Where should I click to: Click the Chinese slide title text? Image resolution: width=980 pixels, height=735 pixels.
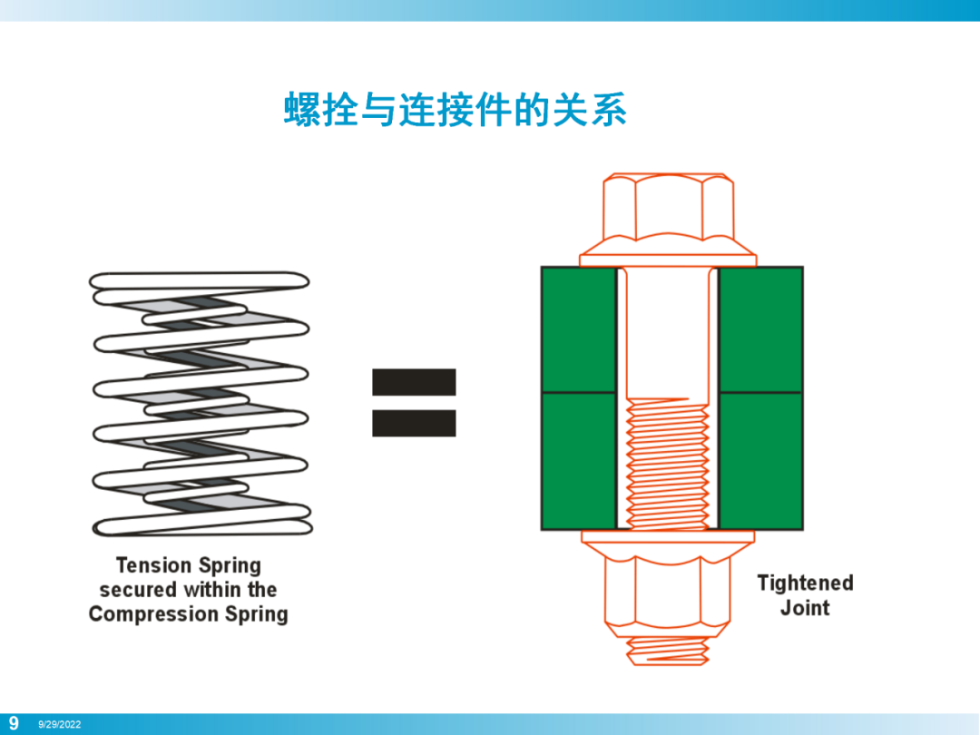455,110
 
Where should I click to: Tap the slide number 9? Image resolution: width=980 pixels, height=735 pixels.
14,724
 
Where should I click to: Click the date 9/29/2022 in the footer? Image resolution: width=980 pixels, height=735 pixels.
59,724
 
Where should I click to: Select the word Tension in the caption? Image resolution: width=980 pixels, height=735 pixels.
153,565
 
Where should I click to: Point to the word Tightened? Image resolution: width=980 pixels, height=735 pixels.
805,583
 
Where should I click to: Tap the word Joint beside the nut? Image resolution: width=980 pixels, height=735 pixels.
805,607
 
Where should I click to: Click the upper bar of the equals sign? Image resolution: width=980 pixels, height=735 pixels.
414,383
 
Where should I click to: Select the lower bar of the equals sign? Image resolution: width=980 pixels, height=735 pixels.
414,423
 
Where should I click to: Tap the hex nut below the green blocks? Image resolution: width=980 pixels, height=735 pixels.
667,591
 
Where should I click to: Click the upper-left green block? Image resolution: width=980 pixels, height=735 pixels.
579,330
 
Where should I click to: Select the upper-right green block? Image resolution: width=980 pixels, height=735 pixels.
760,330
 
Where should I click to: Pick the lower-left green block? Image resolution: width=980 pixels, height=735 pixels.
579,461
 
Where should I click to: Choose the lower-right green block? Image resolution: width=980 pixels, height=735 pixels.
760,461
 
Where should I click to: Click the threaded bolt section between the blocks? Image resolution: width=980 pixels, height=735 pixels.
668,464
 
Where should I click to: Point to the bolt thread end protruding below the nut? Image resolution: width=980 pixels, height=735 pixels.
668,651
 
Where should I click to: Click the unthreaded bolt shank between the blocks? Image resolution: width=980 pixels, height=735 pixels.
668,332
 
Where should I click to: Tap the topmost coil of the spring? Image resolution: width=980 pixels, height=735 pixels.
200,280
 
